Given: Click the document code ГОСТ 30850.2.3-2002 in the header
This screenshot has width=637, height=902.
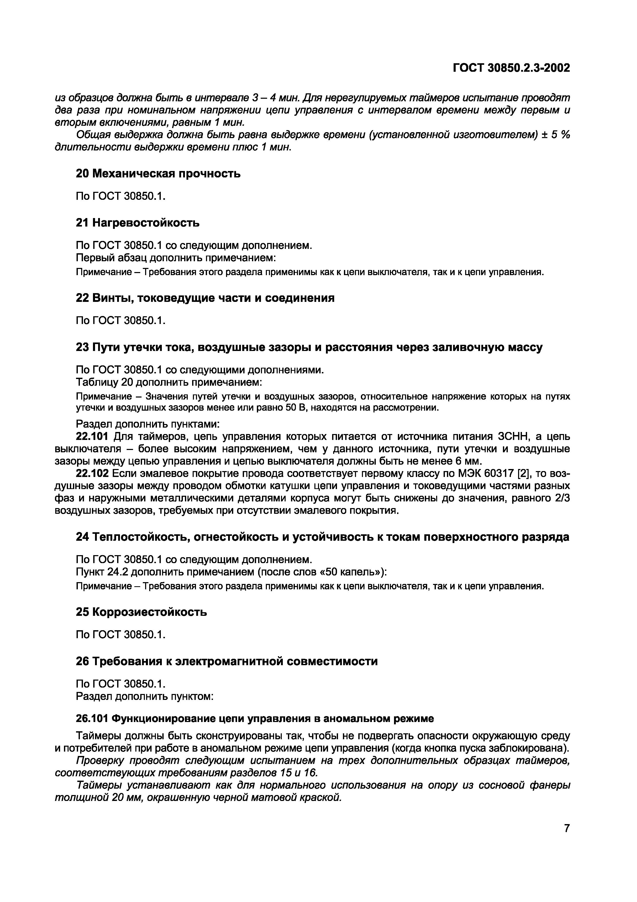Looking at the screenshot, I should click(x=511, y=68).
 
